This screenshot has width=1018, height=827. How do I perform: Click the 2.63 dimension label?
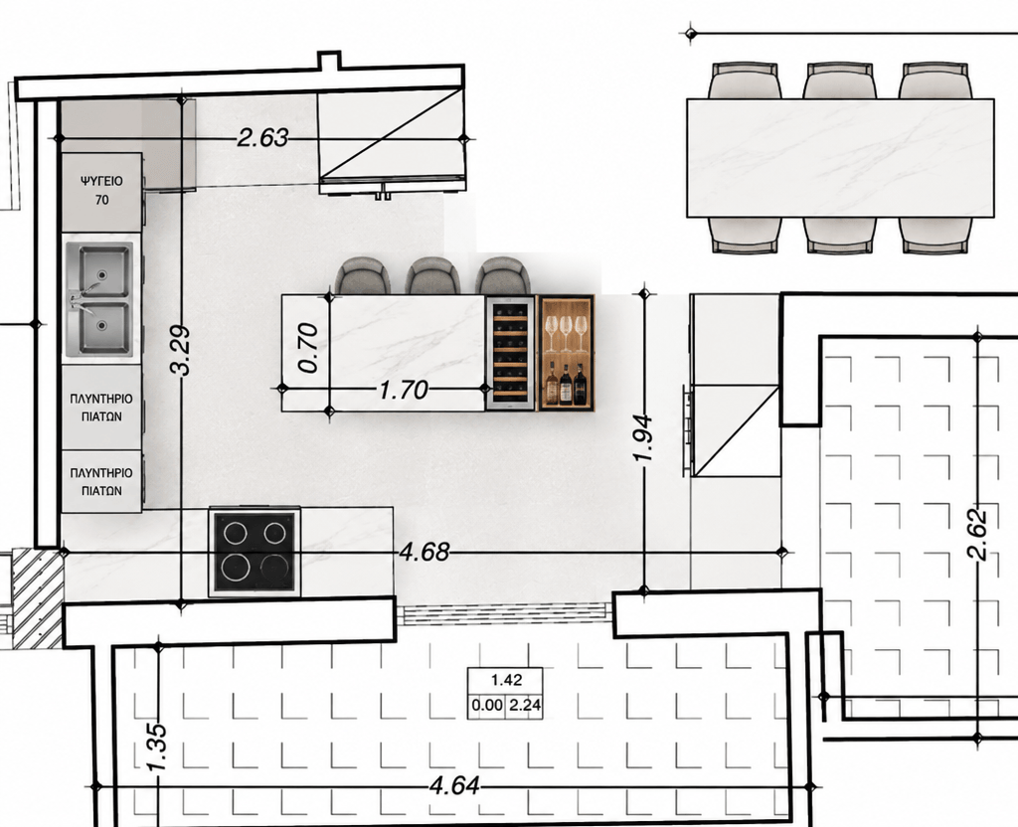[262, 137]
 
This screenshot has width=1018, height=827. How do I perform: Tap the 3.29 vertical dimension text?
[181, 350]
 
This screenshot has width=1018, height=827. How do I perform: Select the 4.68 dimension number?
[424, 552]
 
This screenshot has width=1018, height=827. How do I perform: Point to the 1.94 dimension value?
[643, 437]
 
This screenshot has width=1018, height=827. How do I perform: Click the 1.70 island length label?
[404, 390]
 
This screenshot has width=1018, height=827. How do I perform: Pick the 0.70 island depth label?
[308, 347]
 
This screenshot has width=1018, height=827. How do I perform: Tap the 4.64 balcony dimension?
[454, 786]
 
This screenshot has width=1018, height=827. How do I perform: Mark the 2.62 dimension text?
[977, 535]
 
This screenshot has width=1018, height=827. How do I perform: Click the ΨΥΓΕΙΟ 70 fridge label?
[102, 190]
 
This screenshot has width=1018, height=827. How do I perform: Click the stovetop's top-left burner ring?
[234, 533]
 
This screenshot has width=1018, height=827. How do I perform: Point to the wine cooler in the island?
[510, 353]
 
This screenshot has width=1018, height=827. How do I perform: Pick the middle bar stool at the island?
[433, 276]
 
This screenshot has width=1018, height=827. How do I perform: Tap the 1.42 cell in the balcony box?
[506, 680]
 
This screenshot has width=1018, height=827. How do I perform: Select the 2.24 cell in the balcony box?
[525, 706]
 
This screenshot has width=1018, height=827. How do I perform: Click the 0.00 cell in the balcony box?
[487, 706]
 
